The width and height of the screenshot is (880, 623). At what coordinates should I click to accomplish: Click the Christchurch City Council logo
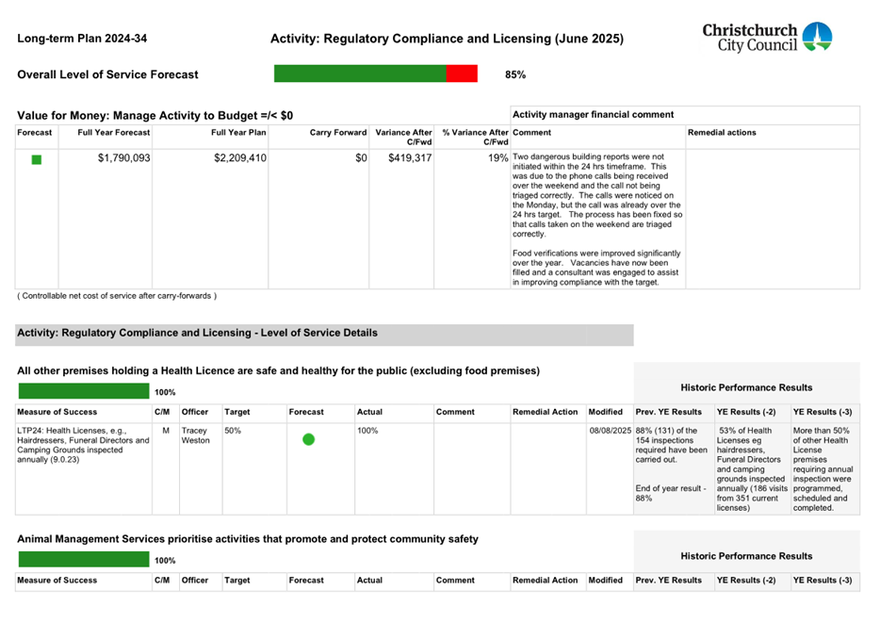point(766,38)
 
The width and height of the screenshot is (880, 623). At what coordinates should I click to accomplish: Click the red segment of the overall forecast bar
point(462,74)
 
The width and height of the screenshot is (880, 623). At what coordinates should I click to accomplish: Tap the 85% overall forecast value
point(515,74)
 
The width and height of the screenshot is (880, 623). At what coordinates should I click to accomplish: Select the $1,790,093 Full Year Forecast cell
point(123,158)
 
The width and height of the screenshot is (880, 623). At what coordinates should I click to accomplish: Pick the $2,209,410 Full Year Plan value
point(240,158)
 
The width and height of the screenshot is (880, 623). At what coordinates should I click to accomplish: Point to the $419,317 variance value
point(410,158)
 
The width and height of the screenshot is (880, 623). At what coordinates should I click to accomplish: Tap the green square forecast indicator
point(37,160)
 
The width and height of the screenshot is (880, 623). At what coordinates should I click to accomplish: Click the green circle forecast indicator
point(308,439)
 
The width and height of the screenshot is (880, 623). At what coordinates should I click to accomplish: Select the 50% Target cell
point(233,430)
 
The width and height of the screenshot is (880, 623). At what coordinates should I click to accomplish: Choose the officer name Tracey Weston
point(195,435)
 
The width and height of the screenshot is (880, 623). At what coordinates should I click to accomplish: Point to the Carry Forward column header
point(338,133)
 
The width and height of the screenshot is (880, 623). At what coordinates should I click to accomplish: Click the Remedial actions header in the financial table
point(722,133)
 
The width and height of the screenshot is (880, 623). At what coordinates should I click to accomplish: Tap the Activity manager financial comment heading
point(593,114)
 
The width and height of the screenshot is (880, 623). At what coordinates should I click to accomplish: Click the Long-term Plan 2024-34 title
point(82,39)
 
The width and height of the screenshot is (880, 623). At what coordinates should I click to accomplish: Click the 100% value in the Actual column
point(367,430)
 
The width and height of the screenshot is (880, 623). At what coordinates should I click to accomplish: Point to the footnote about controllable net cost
point(117,296)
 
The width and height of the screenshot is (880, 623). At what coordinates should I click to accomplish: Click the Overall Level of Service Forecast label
point(108,74)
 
